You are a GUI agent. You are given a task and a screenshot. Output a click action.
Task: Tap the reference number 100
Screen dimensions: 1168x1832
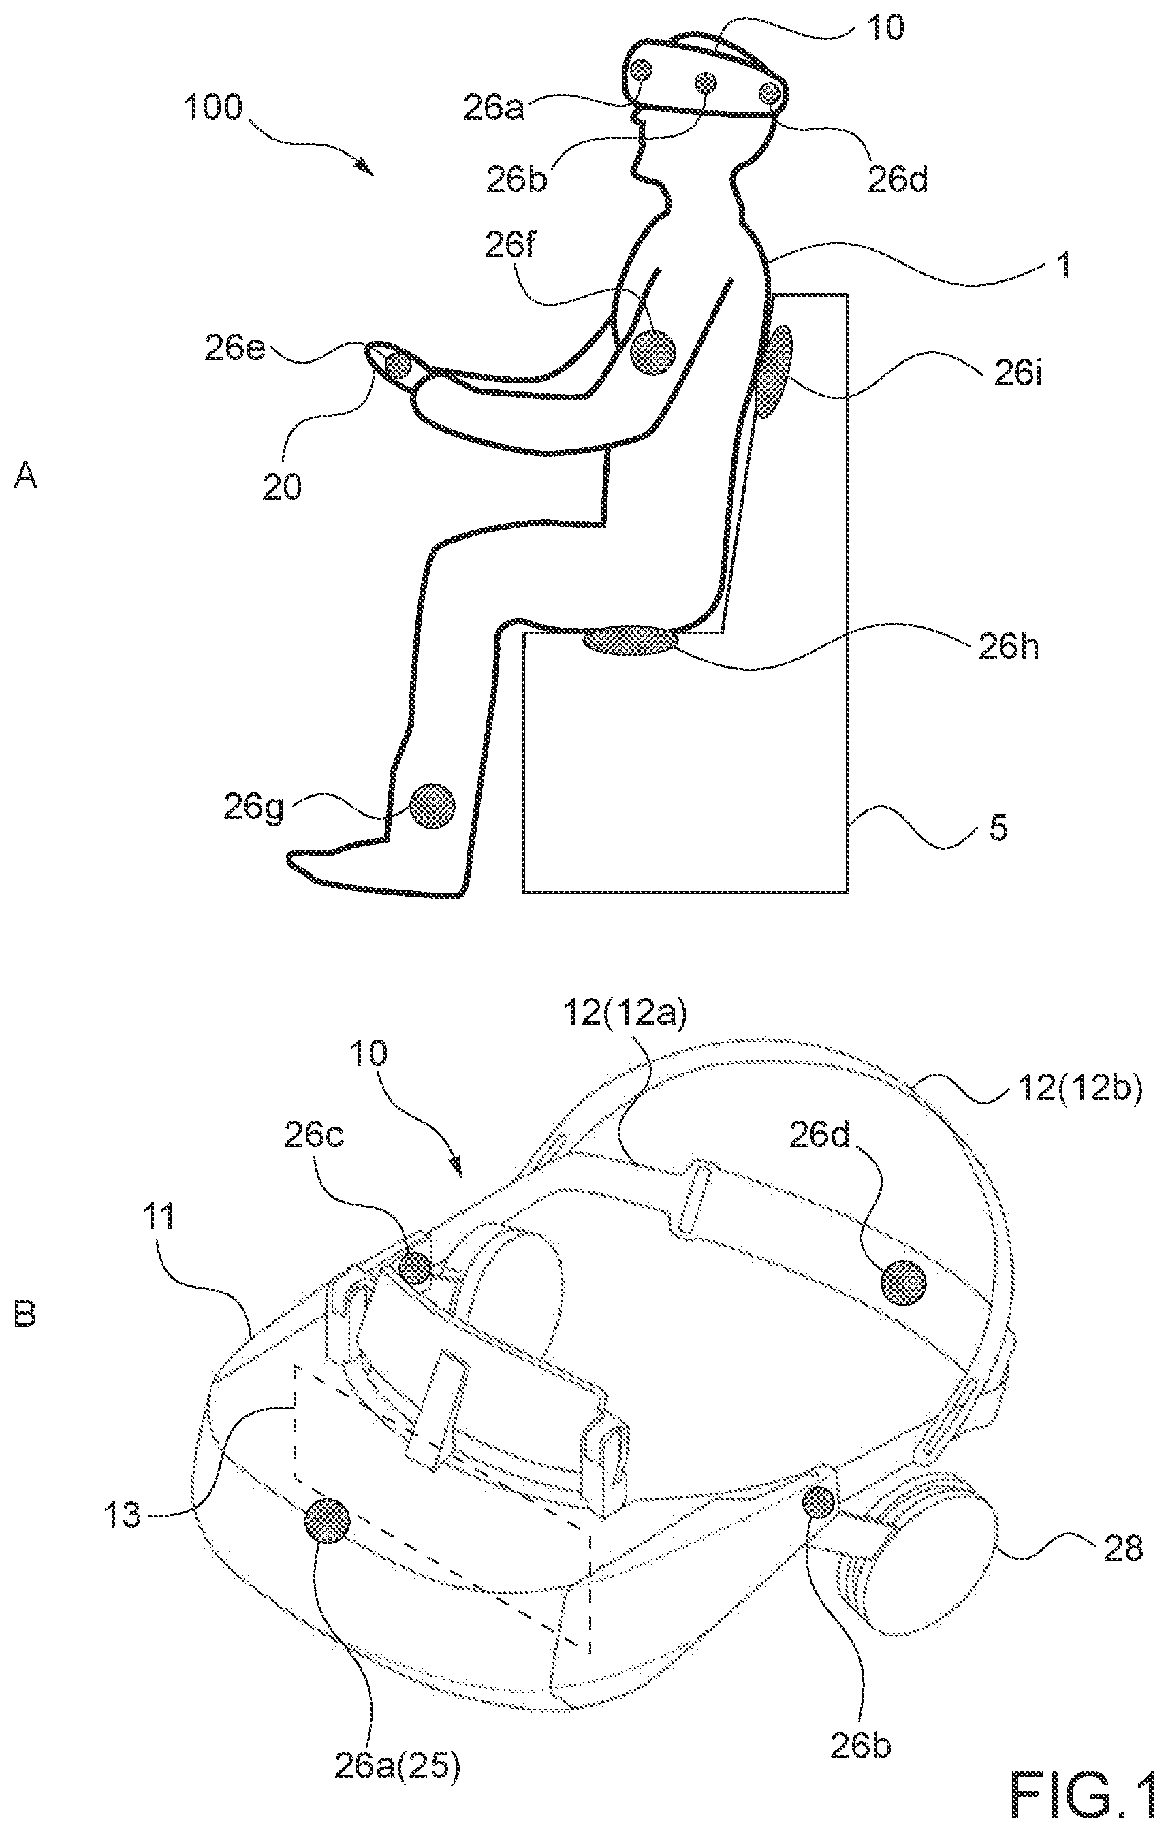[213, 108]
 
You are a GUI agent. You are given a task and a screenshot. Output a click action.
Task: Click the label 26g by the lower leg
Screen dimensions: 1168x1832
[253, 807]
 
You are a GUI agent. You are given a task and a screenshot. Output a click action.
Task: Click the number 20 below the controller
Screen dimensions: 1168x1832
[281, 486]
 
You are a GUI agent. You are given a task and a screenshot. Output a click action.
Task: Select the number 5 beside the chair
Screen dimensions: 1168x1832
[999, 827]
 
